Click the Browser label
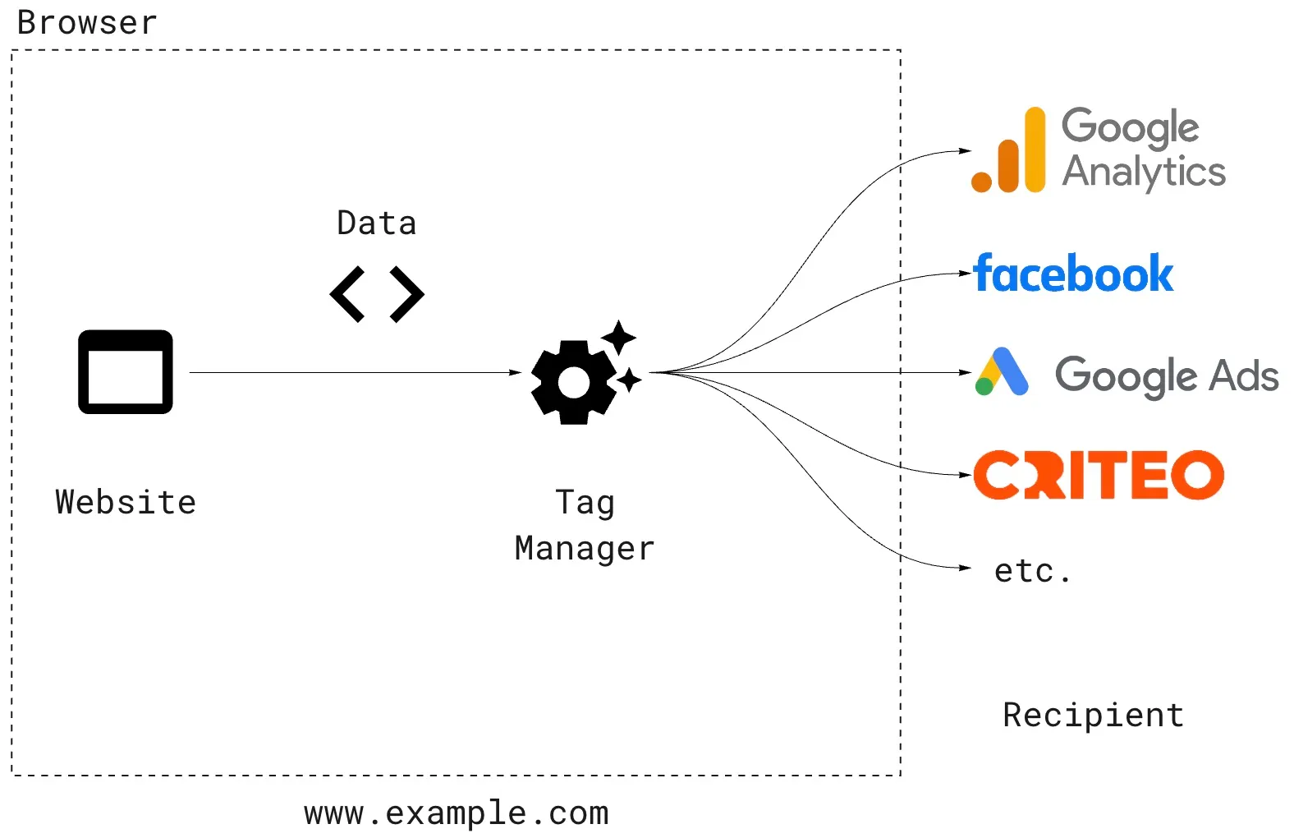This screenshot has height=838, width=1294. pos(87,23)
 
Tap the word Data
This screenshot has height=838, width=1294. pos(377,223)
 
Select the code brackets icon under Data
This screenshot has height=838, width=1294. pos(377,293)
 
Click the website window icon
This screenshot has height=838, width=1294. pos(126,371)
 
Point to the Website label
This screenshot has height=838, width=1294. pos(126,502)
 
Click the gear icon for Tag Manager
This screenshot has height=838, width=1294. pos(574,382)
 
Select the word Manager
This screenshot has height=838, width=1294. pos(585,549)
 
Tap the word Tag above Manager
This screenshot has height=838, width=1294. pos(585,503)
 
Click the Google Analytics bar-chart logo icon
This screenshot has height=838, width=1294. pos(1009,151)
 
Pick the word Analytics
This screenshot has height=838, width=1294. pos(1144,173)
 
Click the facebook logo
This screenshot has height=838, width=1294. pos(1073,274)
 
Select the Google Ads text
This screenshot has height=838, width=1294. pos(1167,375)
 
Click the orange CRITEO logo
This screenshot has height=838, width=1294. pos(1099,475)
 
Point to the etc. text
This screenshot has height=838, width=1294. pos(1032,570)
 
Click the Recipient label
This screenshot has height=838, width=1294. pos(1093,715)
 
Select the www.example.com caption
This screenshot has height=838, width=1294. pos(457,813)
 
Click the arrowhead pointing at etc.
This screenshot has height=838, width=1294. pos(966,568)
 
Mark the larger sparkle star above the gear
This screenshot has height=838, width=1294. pos(618,337)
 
